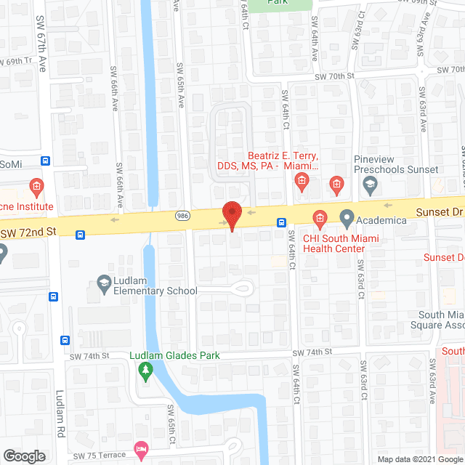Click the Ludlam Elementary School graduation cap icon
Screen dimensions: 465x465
[105, 281]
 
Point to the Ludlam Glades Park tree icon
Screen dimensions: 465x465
[145, 371]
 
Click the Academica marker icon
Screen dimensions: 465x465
[347, 217]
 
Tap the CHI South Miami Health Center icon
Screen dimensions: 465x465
[318, 217]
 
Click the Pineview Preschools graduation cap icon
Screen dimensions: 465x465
[371, 185]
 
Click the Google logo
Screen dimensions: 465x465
[23, 456]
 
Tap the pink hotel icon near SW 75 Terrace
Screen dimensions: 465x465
[141, 447]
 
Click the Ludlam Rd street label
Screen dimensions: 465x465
[60, 415]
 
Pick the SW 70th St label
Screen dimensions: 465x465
[333, 76]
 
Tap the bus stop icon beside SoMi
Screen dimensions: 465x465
[46, 161]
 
